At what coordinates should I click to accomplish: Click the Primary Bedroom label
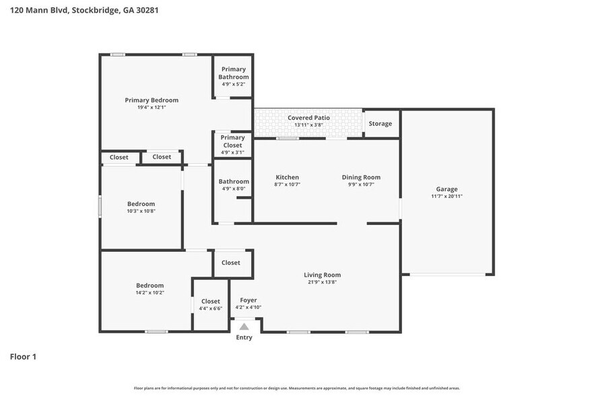(152, 100)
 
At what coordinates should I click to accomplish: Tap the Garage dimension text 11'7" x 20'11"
(447, 197)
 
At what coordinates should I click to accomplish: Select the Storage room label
(380, 124)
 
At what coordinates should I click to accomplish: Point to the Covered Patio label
(308, 118)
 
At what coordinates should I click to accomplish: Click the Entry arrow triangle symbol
(244, 326)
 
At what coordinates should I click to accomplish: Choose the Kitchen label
(287, 177)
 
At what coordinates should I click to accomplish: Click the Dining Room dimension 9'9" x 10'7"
(360, 185)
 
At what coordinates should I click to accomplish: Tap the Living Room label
(322, 275)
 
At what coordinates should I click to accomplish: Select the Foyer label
(248, 300)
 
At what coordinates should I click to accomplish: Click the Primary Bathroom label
(233, 73)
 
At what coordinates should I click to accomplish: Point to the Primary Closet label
(232, 141)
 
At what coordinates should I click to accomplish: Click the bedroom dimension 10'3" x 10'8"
(141, 211)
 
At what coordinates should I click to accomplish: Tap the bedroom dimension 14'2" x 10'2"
(150, 293)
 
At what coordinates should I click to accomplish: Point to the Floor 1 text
(23, 356)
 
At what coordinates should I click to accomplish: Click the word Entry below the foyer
(244, 337)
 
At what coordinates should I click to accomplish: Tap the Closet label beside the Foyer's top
(231, 263)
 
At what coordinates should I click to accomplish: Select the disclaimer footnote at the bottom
(296, 388)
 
